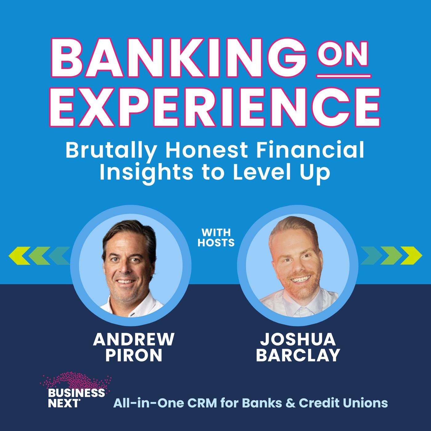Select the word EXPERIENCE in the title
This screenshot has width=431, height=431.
(x=215, y=107)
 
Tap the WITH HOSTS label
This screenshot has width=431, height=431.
(x=216, y=238)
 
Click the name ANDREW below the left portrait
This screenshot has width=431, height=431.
(x=134, y=339)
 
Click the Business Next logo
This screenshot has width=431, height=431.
(x=76, y=392)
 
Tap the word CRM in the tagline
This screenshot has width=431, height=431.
(x=202, y=403)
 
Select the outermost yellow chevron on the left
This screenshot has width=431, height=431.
(x=19, y=256)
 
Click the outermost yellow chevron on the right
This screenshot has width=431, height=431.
(x=411, y=256)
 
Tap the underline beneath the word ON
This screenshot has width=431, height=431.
(x=344, y=76)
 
